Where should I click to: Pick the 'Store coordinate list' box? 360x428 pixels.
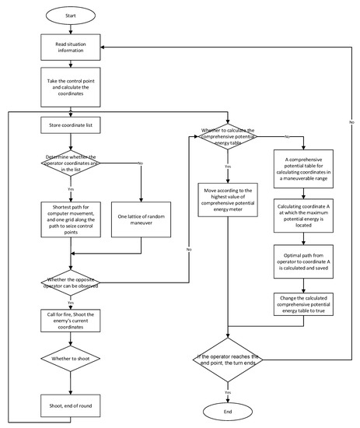pyautogui.click(x=72, y=124)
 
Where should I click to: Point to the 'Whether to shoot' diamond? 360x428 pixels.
pyautogui.click(x=72, y=359)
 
